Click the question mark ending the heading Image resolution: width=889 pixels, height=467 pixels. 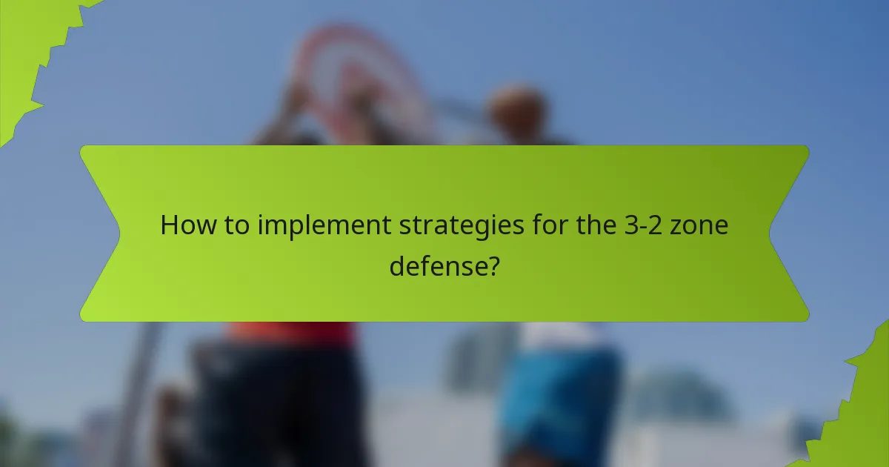(x=491, y=265)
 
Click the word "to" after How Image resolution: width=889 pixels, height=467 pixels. (x=238, y=225)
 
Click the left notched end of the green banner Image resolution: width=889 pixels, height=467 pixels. (x=100, y=233)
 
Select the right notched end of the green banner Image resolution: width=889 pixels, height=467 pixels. (x=789, y=233)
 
